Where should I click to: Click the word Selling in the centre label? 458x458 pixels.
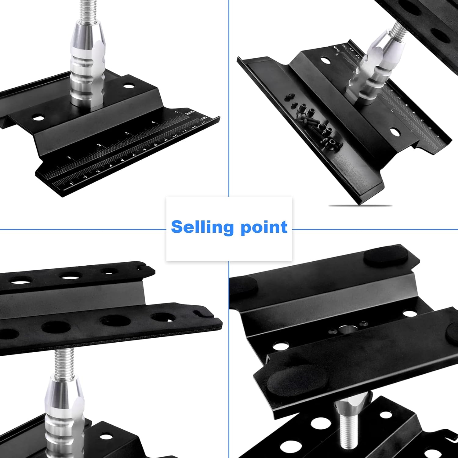tap(203, 227)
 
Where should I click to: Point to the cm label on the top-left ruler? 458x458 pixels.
tap(204, 118)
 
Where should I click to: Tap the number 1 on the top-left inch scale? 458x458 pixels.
tap(69, 158)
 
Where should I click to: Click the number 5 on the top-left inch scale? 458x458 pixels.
tap(176, 112)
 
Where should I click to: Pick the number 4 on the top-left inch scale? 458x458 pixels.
tap(153, 122)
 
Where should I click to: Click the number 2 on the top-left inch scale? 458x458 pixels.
tap(99, 145)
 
